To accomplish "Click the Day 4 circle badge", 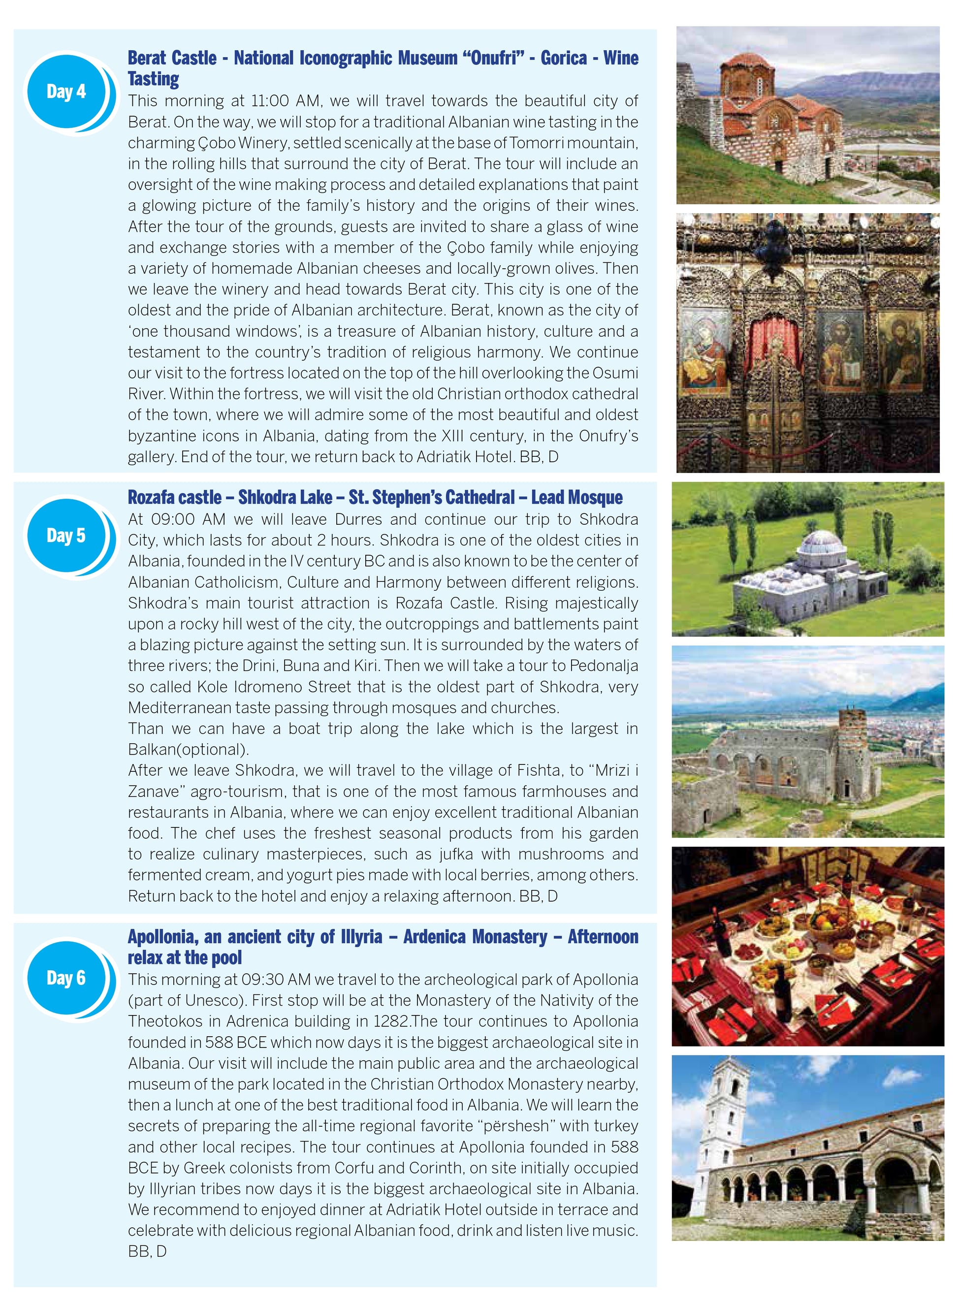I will pyautogui.click(x=66, y=92).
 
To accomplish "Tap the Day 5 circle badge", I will pyautogui.click(x=66, y=535).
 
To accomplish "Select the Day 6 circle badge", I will pyautogui.click(x=66, y=978).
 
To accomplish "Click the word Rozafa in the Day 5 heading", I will pyautogui.click(x=149, y=497).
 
